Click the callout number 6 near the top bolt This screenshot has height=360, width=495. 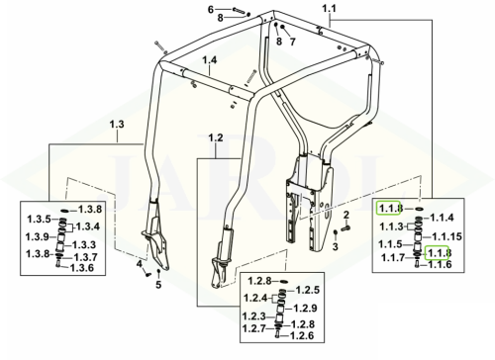click(x=211, y=10)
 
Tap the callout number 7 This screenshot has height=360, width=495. click(x=292, y=42)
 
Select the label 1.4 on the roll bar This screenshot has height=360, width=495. click(x=210, y=60)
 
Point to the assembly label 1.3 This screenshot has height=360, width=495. click(x=117, y=125)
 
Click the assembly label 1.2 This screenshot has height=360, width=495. click(x=216, y=138)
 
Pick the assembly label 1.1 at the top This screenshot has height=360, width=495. click(x=329, y=8)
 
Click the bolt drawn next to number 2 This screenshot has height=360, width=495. click(x=346, y=227)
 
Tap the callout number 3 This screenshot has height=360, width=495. click(x=336, y=246)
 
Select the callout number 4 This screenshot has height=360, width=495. click(x=140, y=264)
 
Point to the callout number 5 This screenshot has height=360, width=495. click(x=158, y=285)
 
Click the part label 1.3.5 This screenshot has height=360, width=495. click(x=39, y=220)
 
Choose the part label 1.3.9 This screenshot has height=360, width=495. click(x=38, y=236)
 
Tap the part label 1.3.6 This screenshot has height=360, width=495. click(x=82, y=268)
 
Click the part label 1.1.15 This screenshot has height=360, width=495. click(x=447, y=236)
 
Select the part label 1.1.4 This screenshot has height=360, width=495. click(x=442, y=218)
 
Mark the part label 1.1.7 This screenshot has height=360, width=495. click(x=393, y=257)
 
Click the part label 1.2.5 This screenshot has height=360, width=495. click(x=308, y=290)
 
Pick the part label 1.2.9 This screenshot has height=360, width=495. click(x=305, y=309)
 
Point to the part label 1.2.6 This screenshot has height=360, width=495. click(x=302, y=335)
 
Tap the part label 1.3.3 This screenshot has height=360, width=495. click(x=84, y=245)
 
